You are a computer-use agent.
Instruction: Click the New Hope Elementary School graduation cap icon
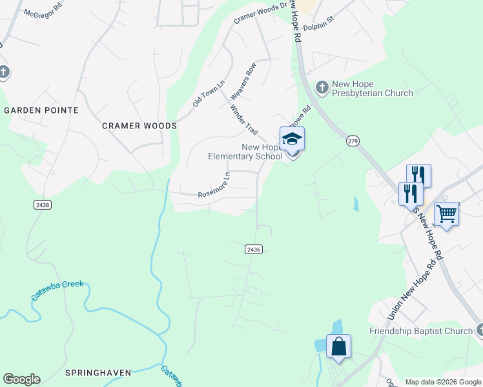(x=292, y=139)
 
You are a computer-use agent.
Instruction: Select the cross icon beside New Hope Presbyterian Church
(x=321, y=86)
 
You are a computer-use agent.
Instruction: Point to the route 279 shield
(x=352, y=141)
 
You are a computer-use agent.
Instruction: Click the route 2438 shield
(x=43, y=204)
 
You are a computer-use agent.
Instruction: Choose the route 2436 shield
(x=254, y=249)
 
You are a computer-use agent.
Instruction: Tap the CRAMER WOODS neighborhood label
(x=139, y=126)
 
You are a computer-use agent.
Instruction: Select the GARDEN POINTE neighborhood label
(x=41, y=110)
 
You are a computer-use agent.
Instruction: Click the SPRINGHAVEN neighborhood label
(x=98, y=373)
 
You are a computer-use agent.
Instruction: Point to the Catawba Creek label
(x=57, y=291)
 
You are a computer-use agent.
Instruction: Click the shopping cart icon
(x=447, y=213)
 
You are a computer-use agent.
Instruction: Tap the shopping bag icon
(x=338, y=346)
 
